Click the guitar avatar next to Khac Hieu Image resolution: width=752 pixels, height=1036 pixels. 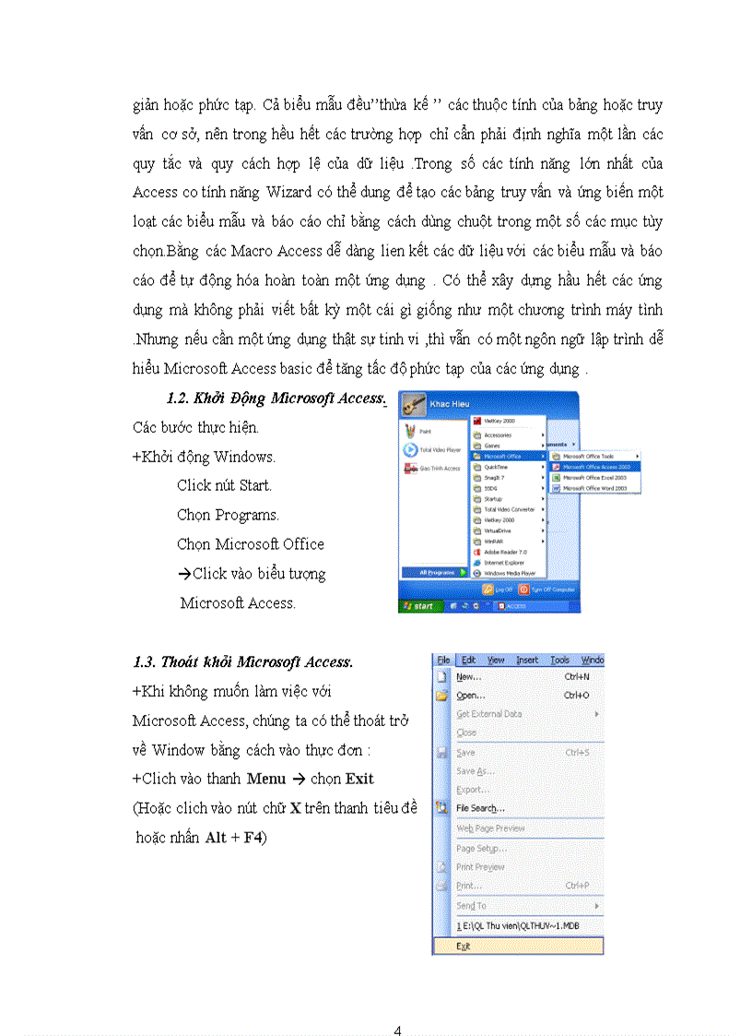412,403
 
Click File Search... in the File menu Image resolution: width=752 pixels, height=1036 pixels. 480,808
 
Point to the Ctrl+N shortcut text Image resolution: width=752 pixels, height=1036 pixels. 576,677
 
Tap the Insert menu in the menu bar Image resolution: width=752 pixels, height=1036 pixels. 527,661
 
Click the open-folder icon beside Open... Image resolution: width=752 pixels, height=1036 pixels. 441,696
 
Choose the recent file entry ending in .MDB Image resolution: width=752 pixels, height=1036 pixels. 517,925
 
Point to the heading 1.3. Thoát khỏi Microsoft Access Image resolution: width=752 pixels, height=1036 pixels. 242,662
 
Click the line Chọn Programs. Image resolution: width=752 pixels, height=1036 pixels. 228,515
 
